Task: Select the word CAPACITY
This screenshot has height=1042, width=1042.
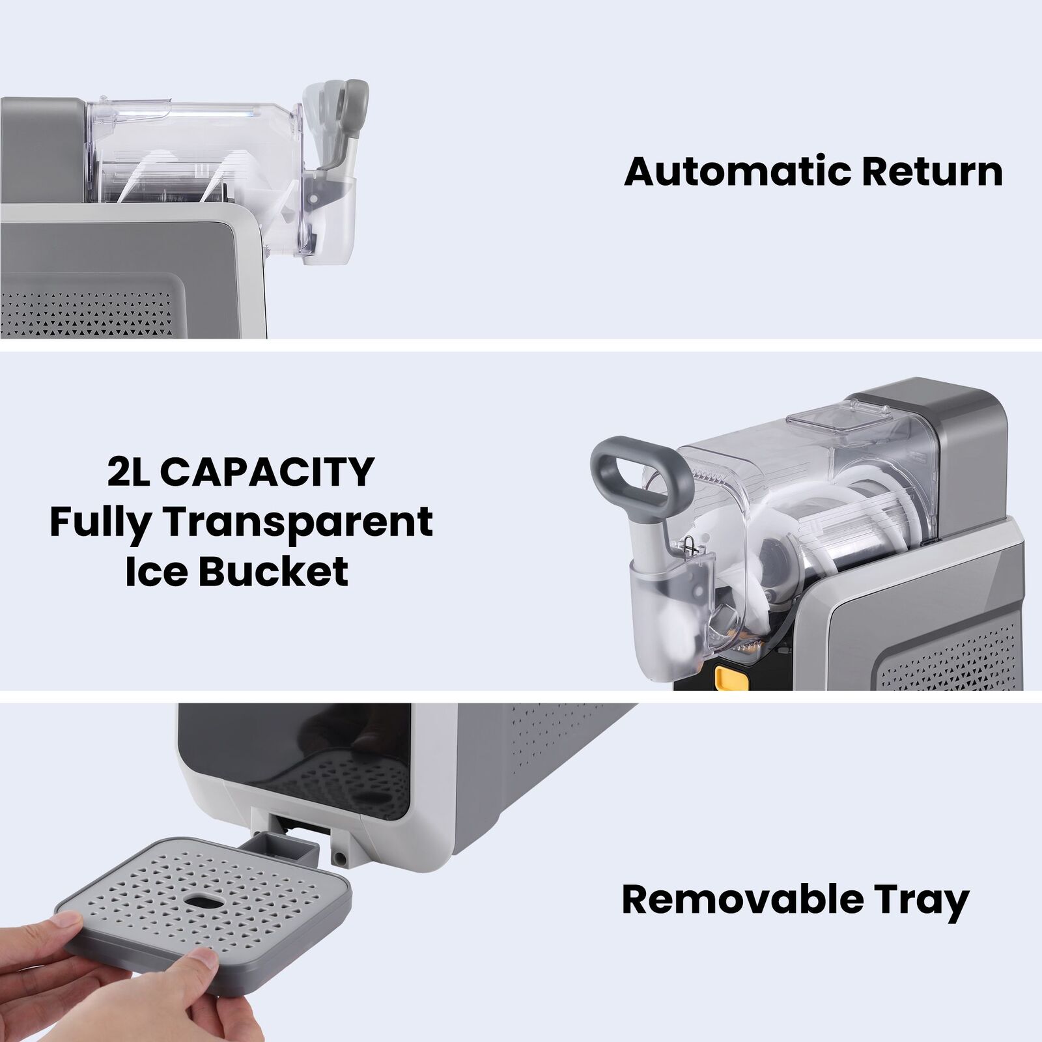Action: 267,472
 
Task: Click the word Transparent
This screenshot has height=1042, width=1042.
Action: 298,523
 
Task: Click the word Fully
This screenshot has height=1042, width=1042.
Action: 101,523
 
